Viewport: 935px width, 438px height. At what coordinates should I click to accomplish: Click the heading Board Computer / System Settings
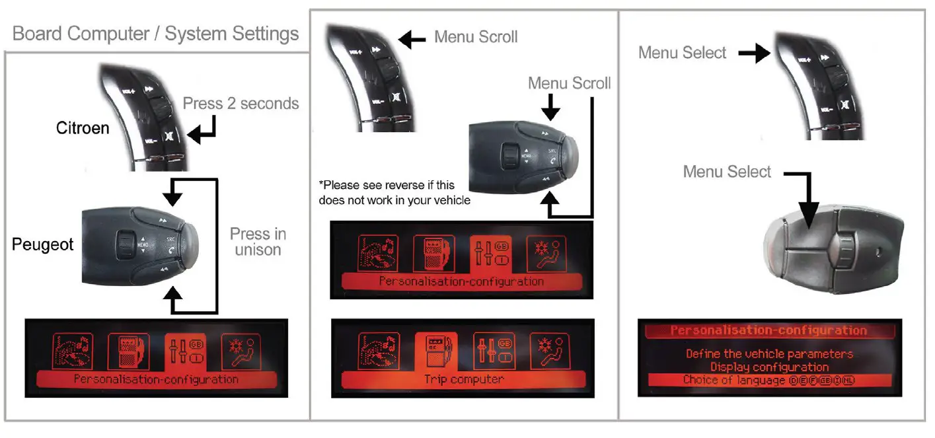point(156,34)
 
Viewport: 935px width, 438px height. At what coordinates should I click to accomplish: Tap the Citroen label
point(83,128)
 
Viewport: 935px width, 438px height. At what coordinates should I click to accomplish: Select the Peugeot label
point(43,245)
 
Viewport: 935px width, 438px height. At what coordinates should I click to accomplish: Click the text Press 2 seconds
point(241,104)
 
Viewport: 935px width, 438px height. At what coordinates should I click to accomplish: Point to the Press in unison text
point(258,242)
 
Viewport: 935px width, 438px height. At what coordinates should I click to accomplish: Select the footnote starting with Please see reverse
point(394,192)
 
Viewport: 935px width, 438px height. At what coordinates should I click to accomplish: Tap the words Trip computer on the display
point(463,379)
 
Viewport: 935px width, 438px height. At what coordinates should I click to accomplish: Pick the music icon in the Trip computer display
point(378,349)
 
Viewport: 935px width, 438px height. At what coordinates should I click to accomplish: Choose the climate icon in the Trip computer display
point(546,349)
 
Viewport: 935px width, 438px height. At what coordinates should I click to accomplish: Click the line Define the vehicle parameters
point(769,354)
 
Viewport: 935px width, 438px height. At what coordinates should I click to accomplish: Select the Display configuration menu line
point(769,367)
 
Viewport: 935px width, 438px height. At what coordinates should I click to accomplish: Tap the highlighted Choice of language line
point(769,380)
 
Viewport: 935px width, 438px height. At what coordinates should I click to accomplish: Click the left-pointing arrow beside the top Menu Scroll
point(413,40)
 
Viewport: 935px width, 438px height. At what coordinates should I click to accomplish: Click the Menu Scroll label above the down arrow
point(569,83)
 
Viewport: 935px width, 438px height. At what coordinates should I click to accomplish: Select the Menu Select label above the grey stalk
point(727,172)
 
